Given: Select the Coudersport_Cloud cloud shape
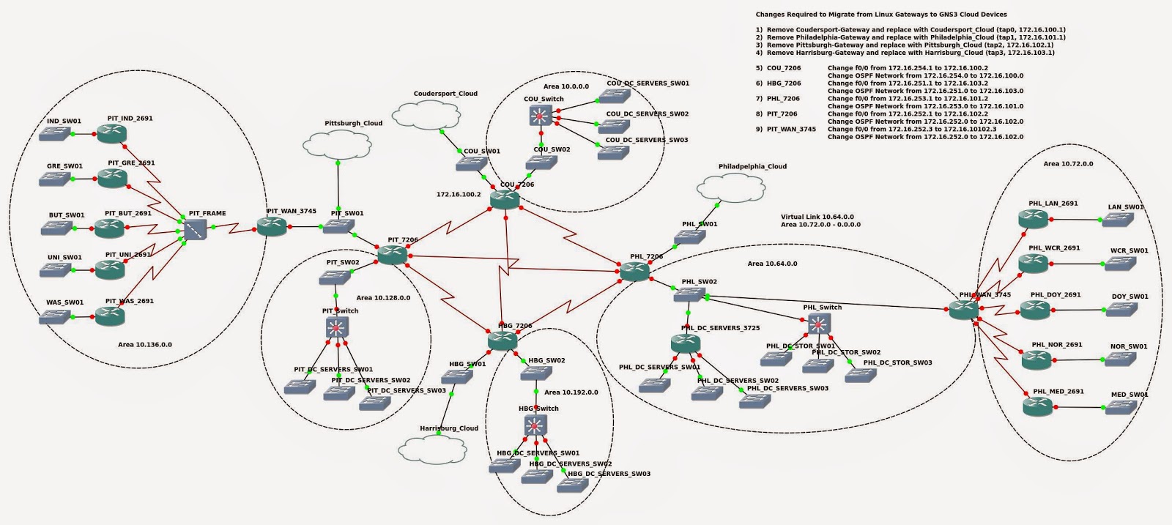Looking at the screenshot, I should pos(425,115).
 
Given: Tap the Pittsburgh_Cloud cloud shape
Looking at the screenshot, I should pos(338,144).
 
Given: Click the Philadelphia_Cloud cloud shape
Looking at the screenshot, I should pos(732,188).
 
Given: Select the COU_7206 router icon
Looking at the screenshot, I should pos(505,199).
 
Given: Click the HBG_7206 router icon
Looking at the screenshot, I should pos(502,340).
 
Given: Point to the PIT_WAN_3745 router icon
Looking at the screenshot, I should pos(272,227).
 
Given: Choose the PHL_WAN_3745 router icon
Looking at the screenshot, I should pos(964,310).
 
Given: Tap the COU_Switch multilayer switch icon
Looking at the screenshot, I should pos(541,116).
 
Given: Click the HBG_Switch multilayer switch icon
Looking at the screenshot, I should pos(535,425).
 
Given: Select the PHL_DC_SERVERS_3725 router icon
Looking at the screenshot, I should pos(685,343).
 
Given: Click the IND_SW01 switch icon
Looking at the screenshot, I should pos(55,135).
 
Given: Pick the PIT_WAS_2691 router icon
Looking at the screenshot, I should pos(110,316).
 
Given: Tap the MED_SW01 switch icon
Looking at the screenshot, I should pos(1120,407).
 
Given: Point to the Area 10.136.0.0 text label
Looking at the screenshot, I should pos(145,344).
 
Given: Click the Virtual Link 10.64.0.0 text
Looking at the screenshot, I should pos(817,217).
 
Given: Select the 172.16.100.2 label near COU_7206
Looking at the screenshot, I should pos(459,195).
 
